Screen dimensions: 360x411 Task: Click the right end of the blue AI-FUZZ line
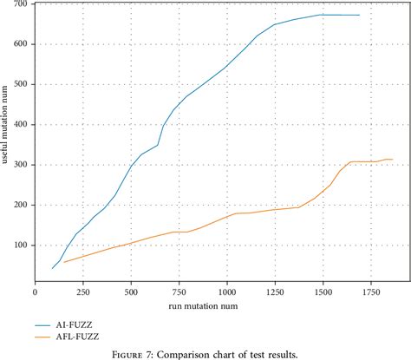[x=359, y=15]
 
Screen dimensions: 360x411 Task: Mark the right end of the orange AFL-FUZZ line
[x=394, y=159]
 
